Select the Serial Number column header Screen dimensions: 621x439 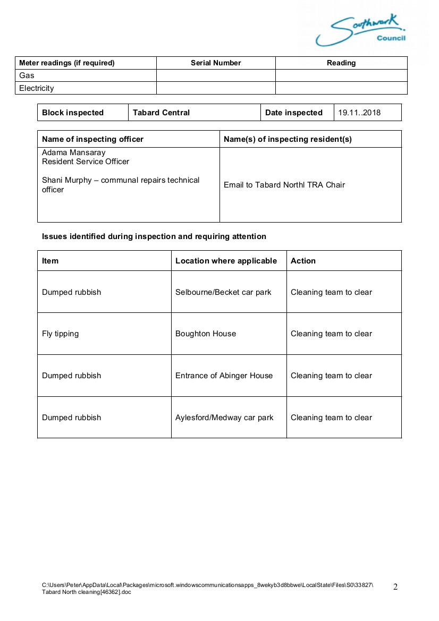pyautogui.click(x=216, y=63)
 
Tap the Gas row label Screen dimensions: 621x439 pyautogui.click(x=27, y=75)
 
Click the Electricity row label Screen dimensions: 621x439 pyautogui.click(x=37, y=88)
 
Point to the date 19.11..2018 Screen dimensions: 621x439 pyautogui.click(x=360, y=113)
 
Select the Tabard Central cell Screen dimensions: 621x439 pyautogui.click(x=161, y=113)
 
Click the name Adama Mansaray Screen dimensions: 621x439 pyautogui.click(x=74, y=152)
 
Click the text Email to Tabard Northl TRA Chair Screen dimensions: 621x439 pyautogui.click(x=284, y=185)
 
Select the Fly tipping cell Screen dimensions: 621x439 pyautogui.click(x=60, y=334)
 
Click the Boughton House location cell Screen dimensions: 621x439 pyautogui.click(x=206, y=334)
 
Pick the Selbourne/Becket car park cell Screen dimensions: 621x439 pyautogui.click(x=223, y=292)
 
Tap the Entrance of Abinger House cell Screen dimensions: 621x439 pyautogui.click(x=224, y=376)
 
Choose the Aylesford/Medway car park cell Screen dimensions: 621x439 pyautogui.click(x=224, y=418)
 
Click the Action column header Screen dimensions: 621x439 pyautogui.click(x=303, y=261)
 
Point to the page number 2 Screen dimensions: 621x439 pyautogui.click(x=395, y=587)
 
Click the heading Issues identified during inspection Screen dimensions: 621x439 pyautogui.click(x=154, y=236)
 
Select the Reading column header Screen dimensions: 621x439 pyautogui.click(x=341, y=63)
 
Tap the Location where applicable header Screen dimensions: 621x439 pyautogui.click(x=226, y=261)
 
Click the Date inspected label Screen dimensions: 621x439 pyautogui.click(x=294, y=113)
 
